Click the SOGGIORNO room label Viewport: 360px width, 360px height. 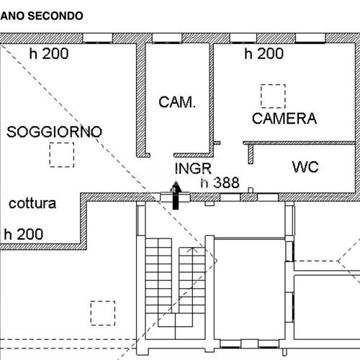tap(54, 132)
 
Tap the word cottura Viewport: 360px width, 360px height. tap(32, 204)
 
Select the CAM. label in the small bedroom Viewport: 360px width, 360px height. tap(177, 102)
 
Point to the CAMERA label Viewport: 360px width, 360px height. tap(284, 118)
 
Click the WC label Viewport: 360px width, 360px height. tap(305, 167)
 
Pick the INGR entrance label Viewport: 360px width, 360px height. tap(193, 168)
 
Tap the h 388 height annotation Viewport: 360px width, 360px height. tap(220, 183)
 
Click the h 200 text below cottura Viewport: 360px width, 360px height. tap(24, 234)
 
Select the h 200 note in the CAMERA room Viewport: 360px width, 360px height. tap(264, 53)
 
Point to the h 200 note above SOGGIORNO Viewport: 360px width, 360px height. tap(49, 53)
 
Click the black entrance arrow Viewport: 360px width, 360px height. tap(176, 195)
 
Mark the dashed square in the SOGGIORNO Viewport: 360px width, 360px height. tap(62, 155)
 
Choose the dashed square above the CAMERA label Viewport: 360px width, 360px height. tap(273, 96)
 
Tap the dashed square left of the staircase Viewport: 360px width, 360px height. tap(103, 313)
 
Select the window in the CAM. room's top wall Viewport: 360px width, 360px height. tap(167, 38)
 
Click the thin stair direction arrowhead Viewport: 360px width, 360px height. tap(193, 250)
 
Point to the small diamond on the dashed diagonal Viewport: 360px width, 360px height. tap(215, 261)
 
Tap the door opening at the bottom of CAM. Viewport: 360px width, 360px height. tap(162, 155)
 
